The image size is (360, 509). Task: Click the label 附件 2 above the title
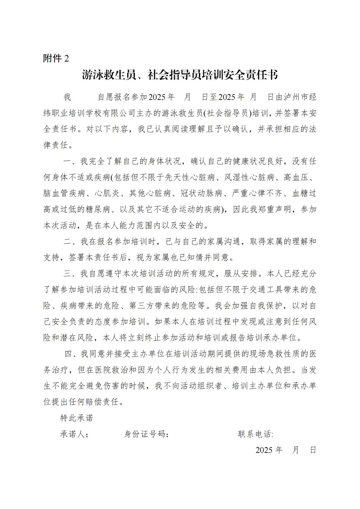coord(56,58)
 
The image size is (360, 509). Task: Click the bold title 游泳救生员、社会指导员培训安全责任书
coord(180,75)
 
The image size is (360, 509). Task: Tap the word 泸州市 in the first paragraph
coord(295,97)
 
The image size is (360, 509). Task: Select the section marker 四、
coord(72,354)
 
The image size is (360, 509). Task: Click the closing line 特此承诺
coord(77,418)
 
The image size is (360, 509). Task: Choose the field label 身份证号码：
coord(147,434)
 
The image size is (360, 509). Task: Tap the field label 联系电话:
coord(256,434)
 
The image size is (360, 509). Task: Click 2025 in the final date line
coord(264,450)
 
